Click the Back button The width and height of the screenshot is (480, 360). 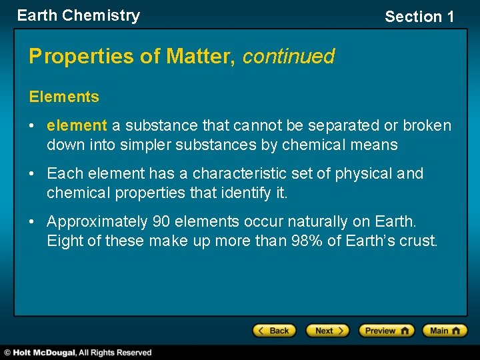(x=273, y=331)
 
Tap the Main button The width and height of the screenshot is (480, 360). (x=445, y=331)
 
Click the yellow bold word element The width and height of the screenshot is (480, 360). (x=77, y=125)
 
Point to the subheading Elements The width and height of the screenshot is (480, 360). (x=64, y=97)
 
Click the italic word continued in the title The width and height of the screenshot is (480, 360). (x=288, y=57)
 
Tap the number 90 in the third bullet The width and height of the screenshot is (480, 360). (x=161, y=221)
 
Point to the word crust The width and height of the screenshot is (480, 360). (x=418, y=241)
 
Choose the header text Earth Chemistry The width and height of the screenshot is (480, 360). (x=79, y=15)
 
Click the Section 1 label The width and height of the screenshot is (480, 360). (x=419, y=17)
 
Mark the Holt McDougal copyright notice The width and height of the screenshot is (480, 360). (x=77, y=353)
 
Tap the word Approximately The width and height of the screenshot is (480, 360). (x=97, y=221)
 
